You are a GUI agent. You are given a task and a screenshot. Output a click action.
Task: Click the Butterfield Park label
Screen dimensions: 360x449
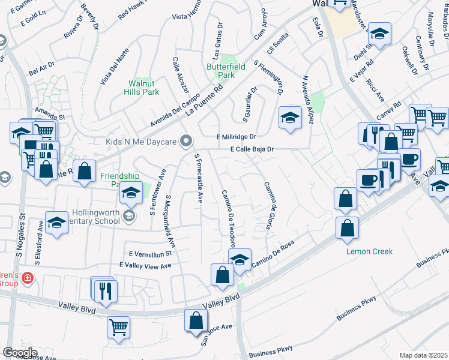[226, 71]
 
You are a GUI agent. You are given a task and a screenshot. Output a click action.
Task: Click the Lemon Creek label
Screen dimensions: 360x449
[369, 251]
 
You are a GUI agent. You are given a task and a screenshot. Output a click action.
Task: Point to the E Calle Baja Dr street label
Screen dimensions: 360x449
[251, 149]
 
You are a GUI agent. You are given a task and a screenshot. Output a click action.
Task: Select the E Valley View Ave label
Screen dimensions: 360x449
[145, 265]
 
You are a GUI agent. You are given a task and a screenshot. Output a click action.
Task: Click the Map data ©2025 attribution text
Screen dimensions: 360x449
[424, 355]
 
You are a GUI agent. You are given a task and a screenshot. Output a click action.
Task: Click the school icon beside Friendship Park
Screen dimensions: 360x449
[131, 193]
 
